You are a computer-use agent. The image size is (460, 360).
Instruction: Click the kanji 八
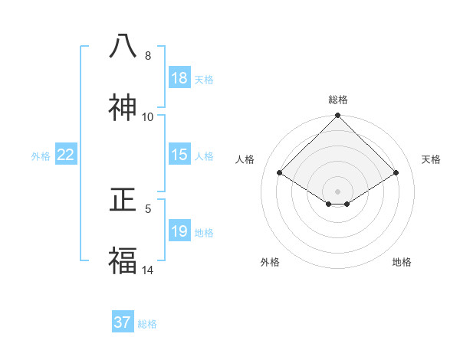click(x=123, y=47)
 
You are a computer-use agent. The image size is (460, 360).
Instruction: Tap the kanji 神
click(x=123, y=108)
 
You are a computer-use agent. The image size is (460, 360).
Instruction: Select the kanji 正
click(x=123, y=201)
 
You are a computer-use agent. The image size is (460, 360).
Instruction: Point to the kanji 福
click(x=123, y=262)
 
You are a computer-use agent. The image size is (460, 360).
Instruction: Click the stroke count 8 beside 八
click(x=148, y=56)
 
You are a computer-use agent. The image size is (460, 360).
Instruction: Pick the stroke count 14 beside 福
click(x=148, y=270)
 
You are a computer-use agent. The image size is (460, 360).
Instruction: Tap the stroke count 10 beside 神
click(x=148, y=117)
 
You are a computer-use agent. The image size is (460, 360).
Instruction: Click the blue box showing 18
click(x=179, y=78)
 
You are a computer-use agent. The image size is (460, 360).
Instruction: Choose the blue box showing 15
click(x=179, y=155)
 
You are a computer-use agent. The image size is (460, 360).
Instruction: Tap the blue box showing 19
click(x=179, y=231)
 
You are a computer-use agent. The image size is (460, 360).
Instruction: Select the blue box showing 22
click(x=66, y=155)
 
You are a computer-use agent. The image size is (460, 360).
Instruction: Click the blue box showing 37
click(x=122, y=322)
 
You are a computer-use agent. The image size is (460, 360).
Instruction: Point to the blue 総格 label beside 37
click(x=147, y=324)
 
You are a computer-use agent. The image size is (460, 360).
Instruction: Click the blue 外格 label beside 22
click(x=41, y=156)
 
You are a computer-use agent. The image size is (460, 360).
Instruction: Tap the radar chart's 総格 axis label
click(x=338, y=100)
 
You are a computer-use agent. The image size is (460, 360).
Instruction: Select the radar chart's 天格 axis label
click(x=432, y=159)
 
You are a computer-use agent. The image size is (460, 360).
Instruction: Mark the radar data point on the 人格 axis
click(x=280, y=172)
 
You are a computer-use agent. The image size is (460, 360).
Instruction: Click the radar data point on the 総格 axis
click(x=338, y=116)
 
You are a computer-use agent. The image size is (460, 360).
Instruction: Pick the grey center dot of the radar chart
click(x=338, y=191)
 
